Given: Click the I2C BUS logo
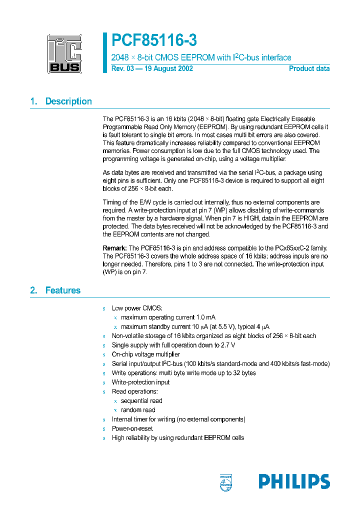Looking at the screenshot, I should tap(64, 53).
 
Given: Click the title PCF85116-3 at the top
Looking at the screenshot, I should tap(154, 40).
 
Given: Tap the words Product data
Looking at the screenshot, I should tap(309, 68).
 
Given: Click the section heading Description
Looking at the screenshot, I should tap(68, 101).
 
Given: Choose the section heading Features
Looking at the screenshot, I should tap(62, 290).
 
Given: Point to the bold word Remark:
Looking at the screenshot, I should tap(114, 248).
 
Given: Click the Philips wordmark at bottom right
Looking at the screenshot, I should tap(294, 481).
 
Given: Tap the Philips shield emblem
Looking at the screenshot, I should tap(226, 482).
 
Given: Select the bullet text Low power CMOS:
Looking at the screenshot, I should tap(137, 308).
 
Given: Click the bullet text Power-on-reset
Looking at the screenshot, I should tap(132, 428).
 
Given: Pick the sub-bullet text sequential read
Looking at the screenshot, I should tap(141, 401).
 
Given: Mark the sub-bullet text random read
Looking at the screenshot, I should tap(138, 410).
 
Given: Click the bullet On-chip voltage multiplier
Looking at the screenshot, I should tap(145, 354).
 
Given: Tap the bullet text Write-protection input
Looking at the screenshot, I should tap(140, 382).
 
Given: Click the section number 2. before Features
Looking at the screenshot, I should tap(33, 290).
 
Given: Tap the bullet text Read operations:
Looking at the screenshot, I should tap(134, 391).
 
